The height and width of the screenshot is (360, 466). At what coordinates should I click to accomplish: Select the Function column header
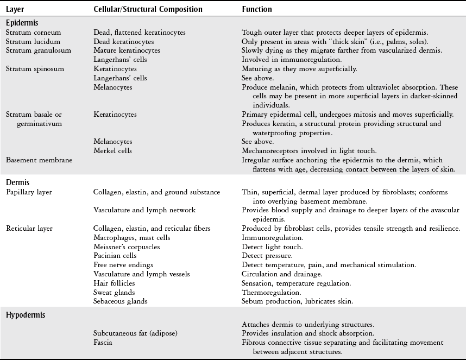257,9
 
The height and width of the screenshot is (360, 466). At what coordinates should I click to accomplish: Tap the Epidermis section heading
22,23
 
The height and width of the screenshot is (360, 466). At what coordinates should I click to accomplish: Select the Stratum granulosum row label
32,50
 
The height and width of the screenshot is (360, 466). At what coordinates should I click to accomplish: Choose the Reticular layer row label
29,228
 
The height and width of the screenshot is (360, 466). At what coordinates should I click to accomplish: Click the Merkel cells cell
112,150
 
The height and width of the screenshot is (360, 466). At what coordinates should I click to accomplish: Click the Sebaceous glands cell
120,301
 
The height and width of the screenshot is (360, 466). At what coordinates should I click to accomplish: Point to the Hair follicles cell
114,283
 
